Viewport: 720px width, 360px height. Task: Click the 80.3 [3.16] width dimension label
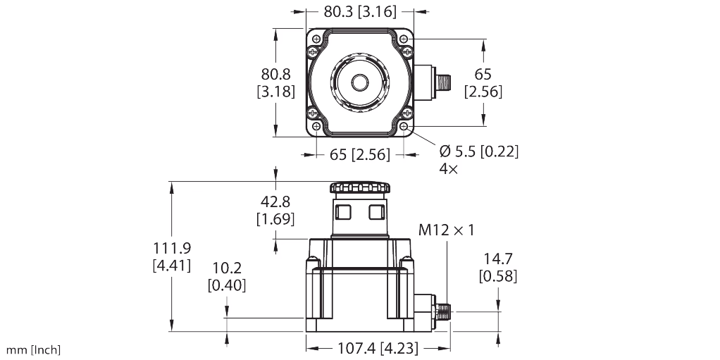point(359,11)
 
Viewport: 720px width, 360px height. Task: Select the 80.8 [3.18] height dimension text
point(275,82)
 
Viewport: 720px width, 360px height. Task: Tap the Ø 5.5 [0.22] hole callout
point(479,151)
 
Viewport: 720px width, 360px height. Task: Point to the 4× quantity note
point(449,168)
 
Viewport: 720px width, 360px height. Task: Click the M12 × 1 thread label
point(446,230)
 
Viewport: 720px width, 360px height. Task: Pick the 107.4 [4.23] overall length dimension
point(378,348)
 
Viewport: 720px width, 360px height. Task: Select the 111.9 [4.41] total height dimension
point(172,256)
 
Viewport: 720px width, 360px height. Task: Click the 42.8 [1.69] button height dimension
point(275,210)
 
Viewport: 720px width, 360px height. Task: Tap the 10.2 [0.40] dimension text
point(226,276)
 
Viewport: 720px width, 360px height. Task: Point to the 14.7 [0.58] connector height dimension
point(498,267)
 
